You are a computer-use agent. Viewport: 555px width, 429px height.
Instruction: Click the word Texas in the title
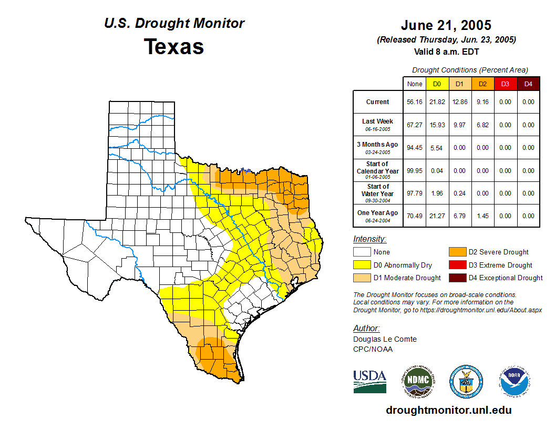(x=174, y=47)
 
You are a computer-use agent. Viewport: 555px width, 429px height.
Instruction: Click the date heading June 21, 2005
(x=446, y=25)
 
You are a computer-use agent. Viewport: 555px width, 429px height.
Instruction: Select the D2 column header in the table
(x=482, y=84)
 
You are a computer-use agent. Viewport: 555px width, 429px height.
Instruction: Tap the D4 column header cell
(x=528, y=84)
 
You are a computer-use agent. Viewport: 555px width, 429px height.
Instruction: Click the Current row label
(x=378, y=102)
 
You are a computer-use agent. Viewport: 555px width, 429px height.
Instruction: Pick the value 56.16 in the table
(x=415, y=102)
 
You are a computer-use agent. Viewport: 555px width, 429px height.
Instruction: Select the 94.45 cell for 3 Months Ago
(x=415, y=148)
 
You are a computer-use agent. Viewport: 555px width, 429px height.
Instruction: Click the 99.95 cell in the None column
(x=415, y=170)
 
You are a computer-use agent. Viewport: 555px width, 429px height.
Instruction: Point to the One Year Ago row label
(x=378, y=213)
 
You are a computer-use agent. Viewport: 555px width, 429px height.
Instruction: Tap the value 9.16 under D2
(x=482, y=102)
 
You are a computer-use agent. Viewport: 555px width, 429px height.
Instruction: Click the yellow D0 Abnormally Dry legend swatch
(x=362, y=265)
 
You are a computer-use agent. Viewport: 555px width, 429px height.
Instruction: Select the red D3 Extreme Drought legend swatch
(x=457, y=265)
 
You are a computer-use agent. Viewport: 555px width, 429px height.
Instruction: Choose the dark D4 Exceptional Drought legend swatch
(x=457, y=278)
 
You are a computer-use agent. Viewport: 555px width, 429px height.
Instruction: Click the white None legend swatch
(x=362, y=252)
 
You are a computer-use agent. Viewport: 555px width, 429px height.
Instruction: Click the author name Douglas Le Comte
(x=385, y=339)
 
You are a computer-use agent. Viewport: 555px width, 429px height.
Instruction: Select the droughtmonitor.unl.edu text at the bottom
(x=448, y=410)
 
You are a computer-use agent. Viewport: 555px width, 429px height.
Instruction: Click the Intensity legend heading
(x=369, y=239)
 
